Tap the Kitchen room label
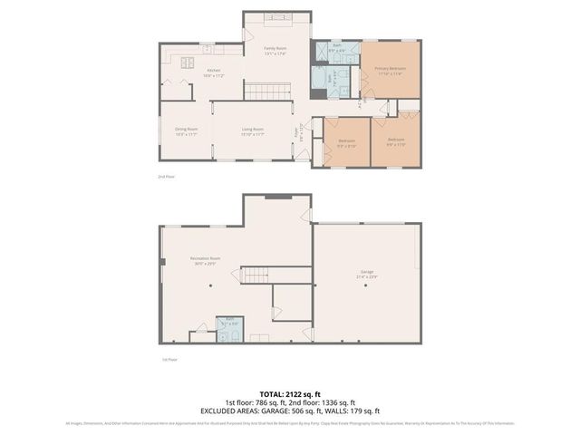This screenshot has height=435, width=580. (214, 72)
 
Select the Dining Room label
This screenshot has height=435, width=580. (186, 132)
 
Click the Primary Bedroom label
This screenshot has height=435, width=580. (391, 71)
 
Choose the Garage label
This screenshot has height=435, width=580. (367, 274)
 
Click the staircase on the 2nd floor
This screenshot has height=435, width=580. (269, 91)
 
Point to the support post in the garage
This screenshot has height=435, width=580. (367, 285)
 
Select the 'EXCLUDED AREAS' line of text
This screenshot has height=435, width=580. (289, 411)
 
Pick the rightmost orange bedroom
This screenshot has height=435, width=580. (396, 141)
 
